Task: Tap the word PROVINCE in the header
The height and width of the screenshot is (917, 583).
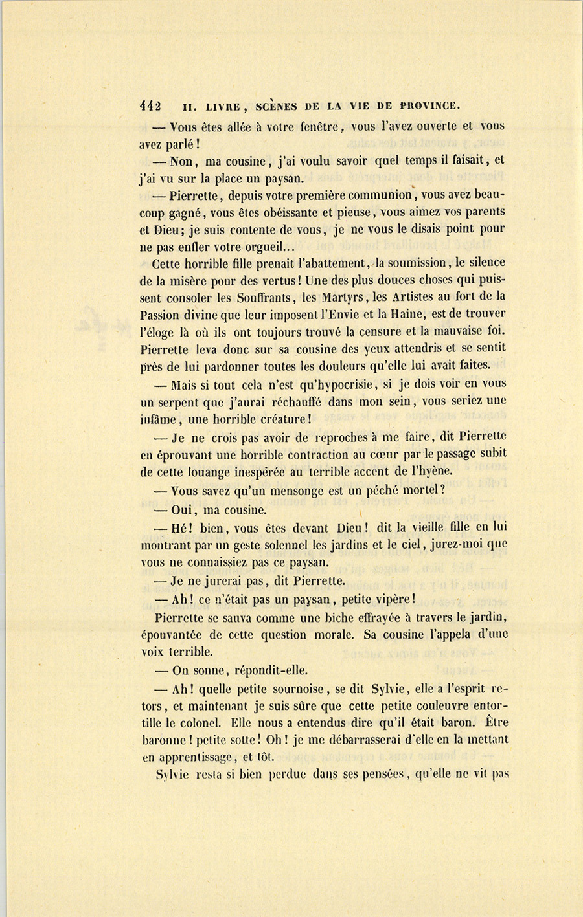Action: click(429, 105)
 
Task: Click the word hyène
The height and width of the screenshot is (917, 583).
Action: click(433, 471)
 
